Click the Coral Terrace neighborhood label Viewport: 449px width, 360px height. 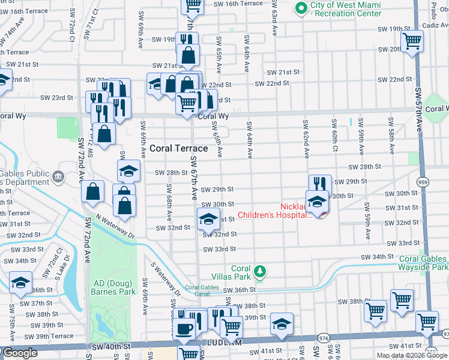[179, 148]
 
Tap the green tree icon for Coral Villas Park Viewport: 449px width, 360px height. [260, 273]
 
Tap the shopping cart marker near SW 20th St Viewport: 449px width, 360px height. [412, 41]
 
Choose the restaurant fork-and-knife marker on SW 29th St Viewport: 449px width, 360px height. [320, 184]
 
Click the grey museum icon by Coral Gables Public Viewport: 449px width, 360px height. [58, 176]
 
